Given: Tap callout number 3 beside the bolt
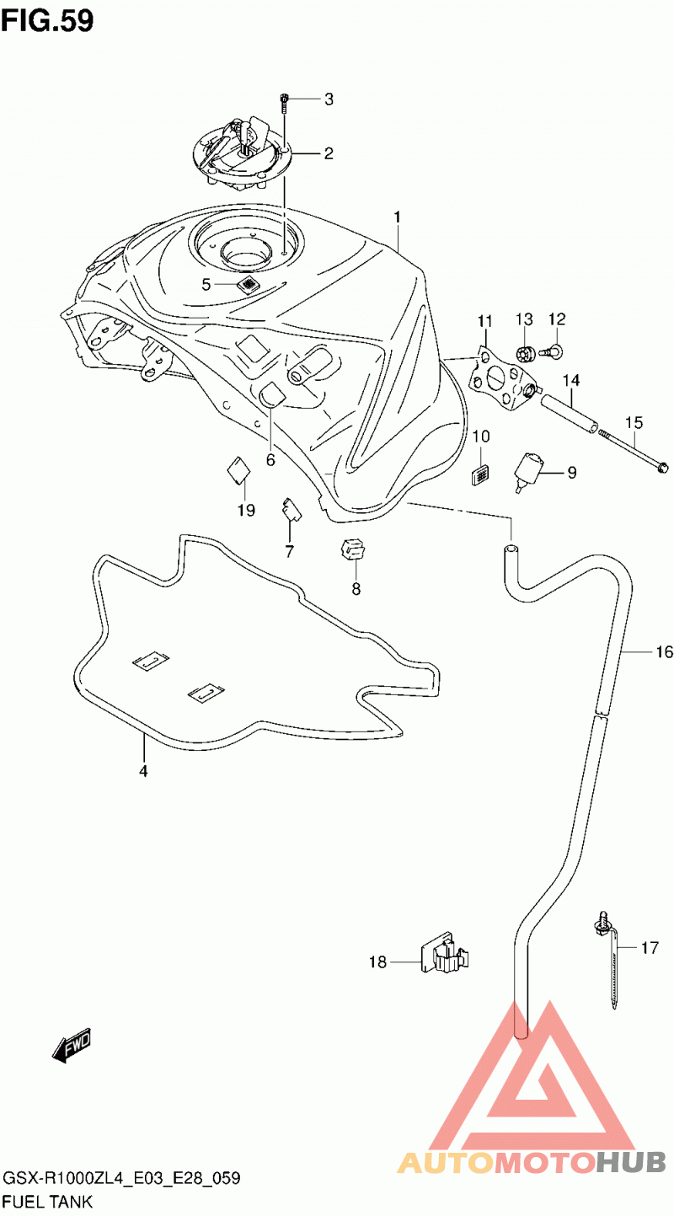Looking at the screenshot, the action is (329, 99).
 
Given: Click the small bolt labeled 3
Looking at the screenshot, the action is (284, 103).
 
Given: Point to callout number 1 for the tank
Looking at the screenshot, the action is (397, 217).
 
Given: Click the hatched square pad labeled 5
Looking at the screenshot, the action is (248, 284).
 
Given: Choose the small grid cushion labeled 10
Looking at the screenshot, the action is (479, 475).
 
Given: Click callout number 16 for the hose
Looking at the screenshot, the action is (664, 651).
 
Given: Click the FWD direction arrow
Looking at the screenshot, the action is (72, 1044).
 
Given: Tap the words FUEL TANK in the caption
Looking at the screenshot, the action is (48, 1202).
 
